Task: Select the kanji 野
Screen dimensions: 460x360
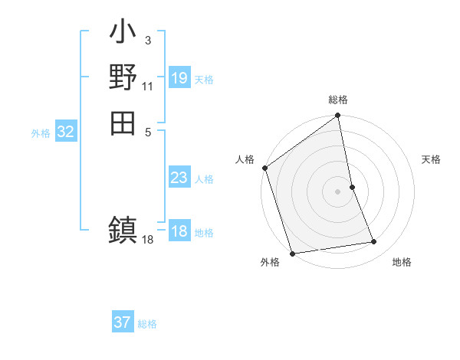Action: (123, 77)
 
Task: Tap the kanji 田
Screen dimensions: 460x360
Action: (123, 123)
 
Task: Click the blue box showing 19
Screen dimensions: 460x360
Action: (179, 78)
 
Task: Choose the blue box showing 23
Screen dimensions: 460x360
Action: (179, 178)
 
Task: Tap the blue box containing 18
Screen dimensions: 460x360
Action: (179, 231)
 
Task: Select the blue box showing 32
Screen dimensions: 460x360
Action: (66, 132)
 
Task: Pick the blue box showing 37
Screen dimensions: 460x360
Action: (123, 322)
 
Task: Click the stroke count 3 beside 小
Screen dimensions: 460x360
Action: (147, 40)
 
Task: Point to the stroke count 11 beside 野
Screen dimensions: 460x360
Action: (148, 86)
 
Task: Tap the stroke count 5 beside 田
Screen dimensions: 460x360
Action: (147, 131)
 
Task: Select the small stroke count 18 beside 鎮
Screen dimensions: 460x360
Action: (148, 240)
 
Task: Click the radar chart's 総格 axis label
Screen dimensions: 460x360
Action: (338, 100)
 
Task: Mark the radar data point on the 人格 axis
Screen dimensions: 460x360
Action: (265, 168)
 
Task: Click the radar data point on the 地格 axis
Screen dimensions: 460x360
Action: (374, 242)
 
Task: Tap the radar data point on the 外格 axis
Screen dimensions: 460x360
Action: (292, 254)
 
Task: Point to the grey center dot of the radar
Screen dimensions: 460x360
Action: (338, 191)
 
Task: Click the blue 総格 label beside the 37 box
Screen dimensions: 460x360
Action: (147, 324)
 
